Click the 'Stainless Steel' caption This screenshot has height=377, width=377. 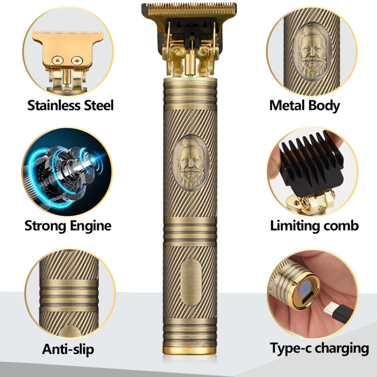(70, 105)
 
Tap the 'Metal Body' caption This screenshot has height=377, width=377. (304, 106)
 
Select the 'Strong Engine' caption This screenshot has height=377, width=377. (68, 226)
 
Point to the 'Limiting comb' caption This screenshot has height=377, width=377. (314, 226)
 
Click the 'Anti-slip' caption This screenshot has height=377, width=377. (68, 349)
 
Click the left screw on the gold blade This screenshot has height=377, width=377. (57, 60)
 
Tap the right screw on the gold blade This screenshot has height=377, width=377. (77, 60)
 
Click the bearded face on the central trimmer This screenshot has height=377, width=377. (191, 163)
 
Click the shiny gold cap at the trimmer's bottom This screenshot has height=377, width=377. (190, 350)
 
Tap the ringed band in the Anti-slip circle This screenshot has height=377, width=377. (69, 296)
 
